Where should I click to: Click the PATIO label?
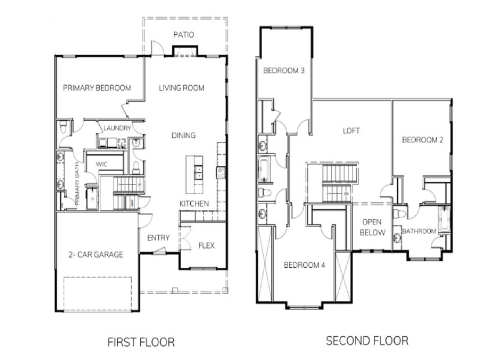184,35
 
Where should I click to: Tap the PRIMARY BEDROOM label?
97,88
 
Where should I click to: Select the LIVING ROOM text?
181,88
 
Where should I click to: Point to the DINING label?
183,136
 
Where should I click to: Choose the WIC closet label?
101,165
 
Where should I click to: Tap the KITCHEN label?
194,204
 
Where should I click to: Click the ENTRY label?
158,238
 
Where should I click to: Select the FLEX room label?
206,246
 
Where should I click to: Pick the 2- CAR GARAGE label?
96,254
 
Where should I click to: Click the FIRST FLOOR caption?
141,342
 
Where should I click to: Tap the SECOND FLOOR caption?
366,340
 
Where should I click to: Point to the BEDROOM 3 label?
284,71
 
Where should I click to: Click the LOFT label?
351,131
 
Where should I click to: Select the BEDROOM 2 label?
423,140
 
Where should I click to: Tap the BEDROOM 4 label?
304,266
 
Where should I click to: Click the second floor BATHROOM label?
419,231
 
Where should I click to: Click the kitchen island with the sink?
195,174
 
